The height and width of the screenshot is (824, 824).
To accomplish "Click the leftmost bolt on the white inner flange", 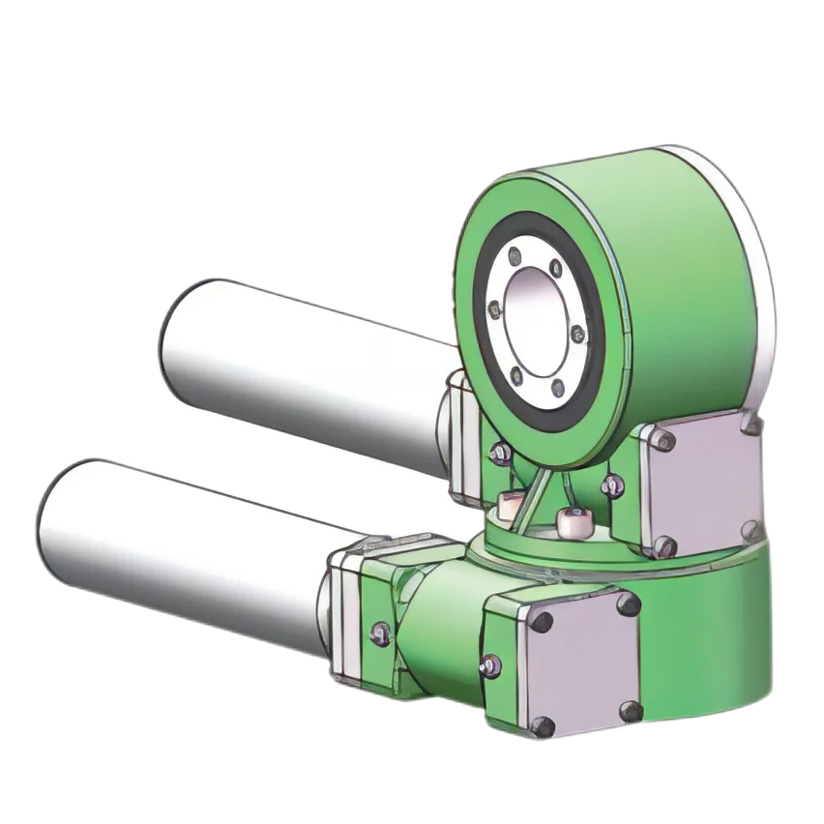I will (495, 309).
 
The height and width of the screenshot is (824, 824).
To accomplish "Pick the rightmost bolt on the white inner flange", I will (578, 335).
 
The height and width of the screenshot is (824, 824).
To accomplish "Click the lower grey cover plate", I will (580, 667).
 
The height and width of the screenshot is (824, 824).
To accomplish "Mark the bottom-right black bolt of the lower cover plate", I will (629, 712).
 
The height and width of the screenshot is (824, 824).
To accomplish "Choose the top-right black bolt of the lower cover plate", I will (629, 604).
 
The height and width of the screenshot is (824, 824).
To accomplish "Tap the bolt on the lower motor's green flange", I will (380, 633).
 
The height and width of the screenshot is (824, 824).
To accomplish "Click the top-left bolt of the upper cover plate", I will (662, 440).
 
